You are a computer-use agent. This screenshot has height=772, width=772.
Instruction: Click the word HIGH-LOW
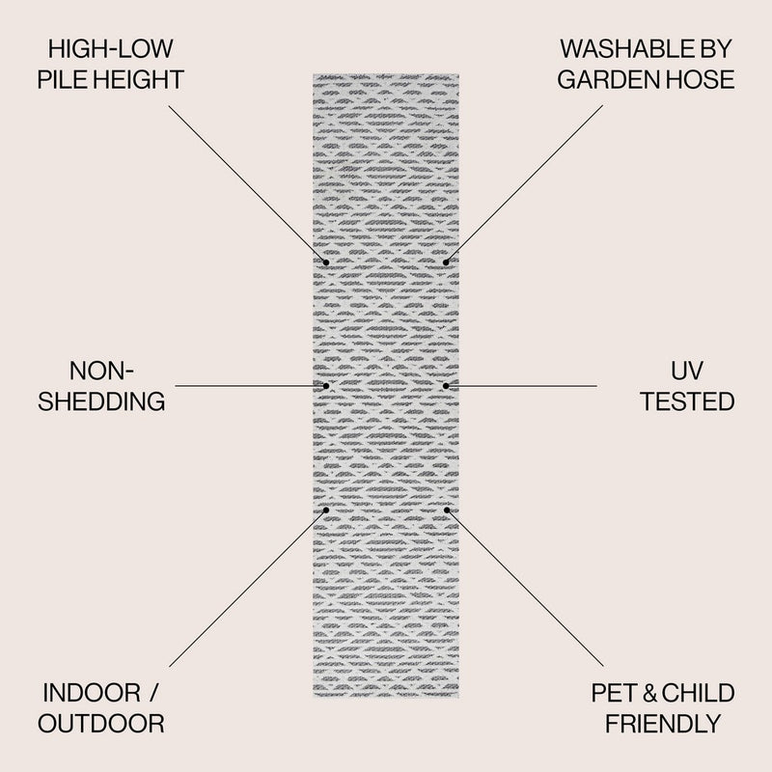point(111,49)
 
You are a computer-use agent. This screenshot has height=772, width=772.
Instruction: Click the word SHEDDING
point(101,401)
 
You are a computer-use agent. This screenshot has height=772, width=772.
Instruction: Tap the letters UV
point(687,371)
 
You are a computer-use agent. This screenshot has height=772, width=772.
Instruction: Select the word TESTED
point(687,401)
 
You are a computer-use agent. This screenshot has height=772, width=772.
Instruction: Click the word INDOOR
point(92,693)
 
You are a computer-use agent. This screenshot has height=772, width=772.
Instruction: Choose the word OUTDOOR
point(101,724)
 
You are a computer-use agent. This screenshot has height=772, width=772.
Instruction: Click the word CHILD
point(698,693)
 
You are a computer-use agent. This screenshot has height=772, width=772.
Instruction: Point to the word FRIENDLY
point(663,724)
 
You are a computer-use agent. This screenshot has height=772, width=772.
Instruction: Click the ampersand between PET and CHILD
point(649,693)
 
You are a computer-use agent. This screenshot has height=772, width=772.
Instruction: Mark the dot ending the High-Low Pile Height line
point(326,262)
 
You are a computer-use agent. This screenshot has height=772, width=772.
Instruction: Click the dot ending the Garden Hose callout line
point(446,262)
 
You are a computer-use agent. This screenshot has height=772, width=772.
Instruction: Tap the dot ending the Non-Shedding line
point(326,386)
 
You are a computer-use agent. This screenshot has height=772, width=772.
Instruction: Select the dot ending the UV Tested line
point(446,386)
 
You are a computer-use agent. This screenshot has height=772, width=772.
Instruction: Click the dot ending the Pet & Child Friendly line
point(447,510)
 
